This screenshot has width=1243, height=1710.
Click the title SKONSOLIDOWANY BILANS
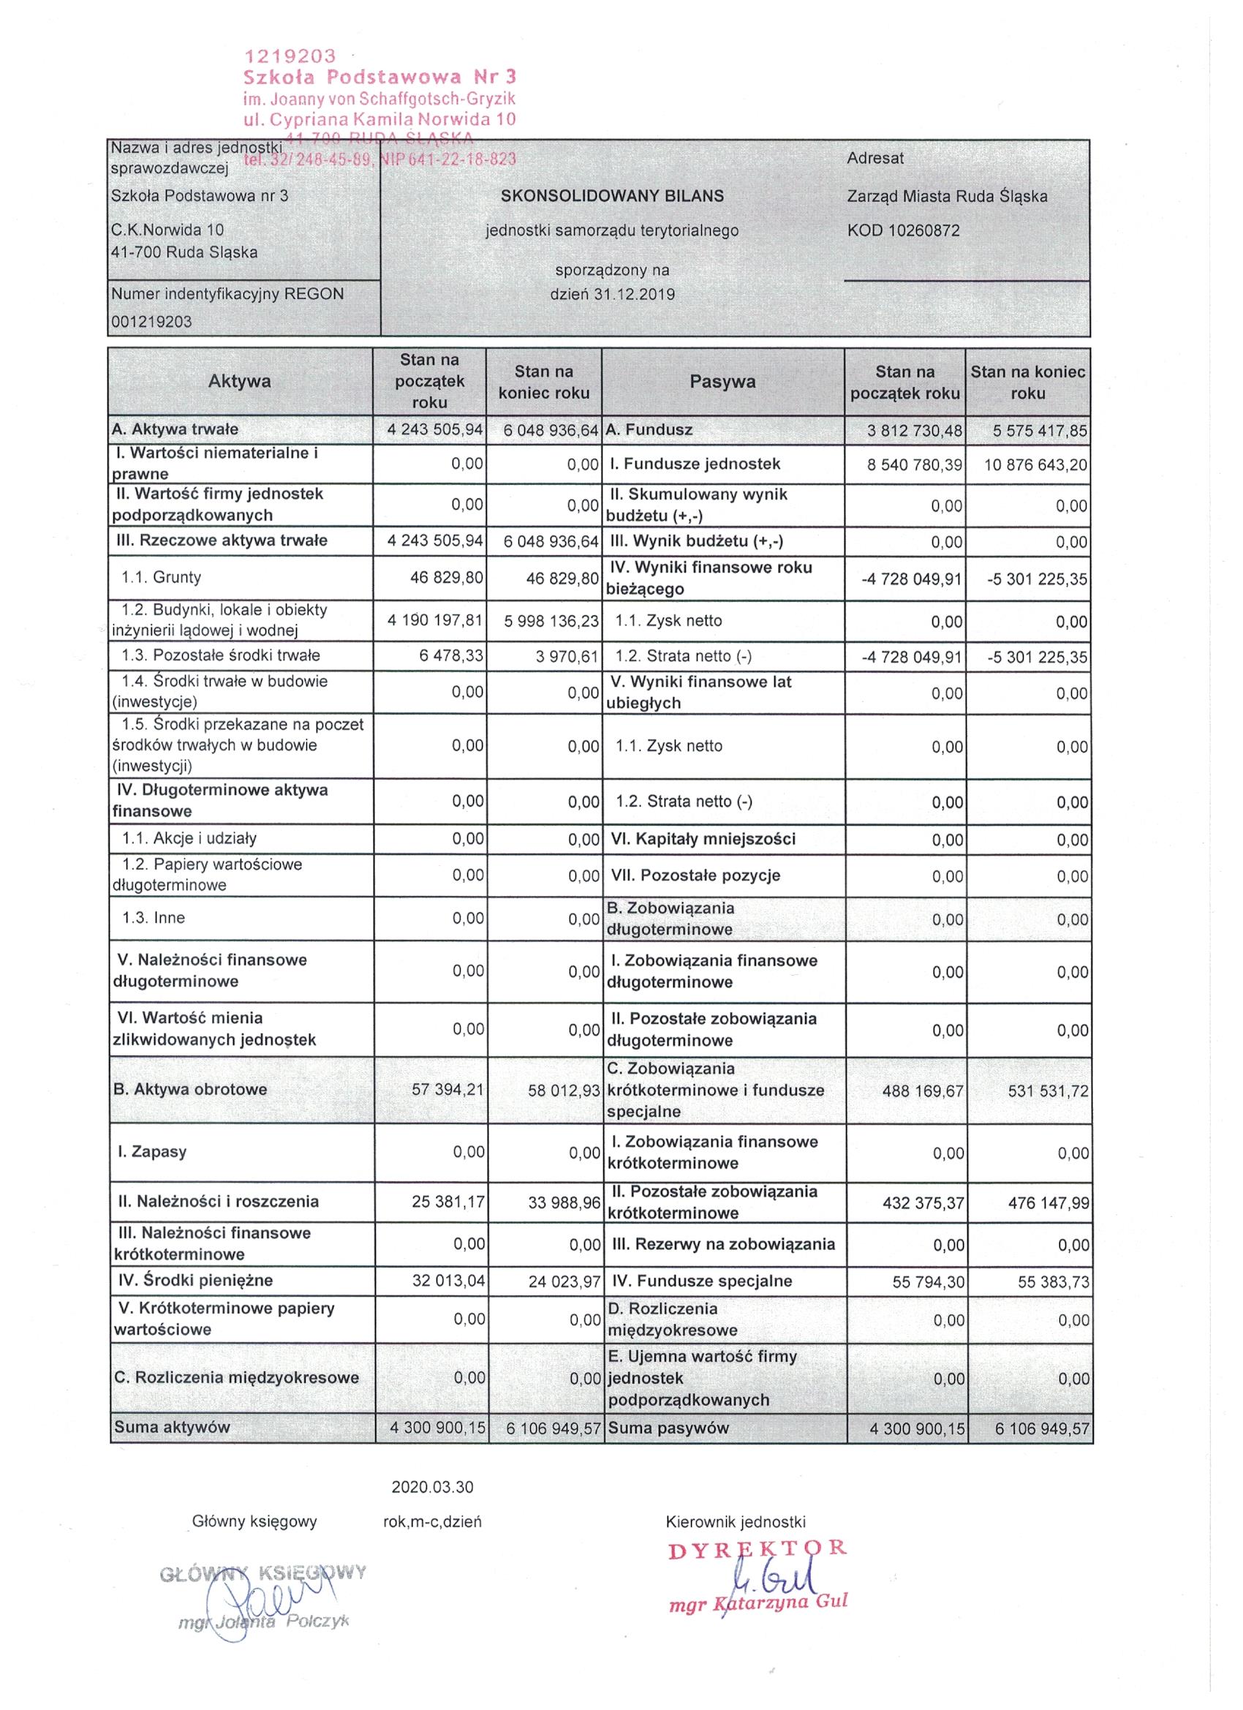pyautogui.click(x=612, y=196)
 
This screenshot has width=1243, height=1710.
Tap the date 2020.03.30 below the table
pyautogui.click(x=433, y=1488)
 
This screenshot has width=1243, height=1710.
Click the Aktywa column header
pyautogui.click(x=240, y=382)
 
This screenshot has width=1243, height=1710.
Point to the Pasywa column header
pyautogui.click(x=722, y=382)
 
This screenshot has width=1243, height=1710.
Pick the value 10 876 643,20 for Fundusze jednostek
pyautogui.click(x=1035, y=465)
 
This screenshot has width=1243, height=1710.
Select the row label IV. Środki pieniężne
pyautogui.click(x=195, y=1279)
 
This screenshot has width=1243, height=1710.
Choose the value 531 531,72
pyautogui.click(x=1049, y=1091)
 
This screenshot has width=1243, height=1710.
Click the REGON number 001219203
pyautogui.click(x=151, y=322)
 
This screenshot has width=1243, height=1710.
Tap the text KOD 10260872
pyautogui.click(x=903, y=230)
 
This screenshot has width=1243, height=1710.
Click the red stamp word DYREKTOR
pyautogui.click(x=757, y=1548)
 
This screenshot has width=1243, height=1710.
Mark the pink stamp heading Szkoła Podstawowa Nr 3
pyautogui.click(x=380, y=77)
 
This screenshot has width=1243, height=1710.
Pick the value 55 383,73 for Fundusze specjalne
pyautogui.click(x=1053, y=1281)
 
